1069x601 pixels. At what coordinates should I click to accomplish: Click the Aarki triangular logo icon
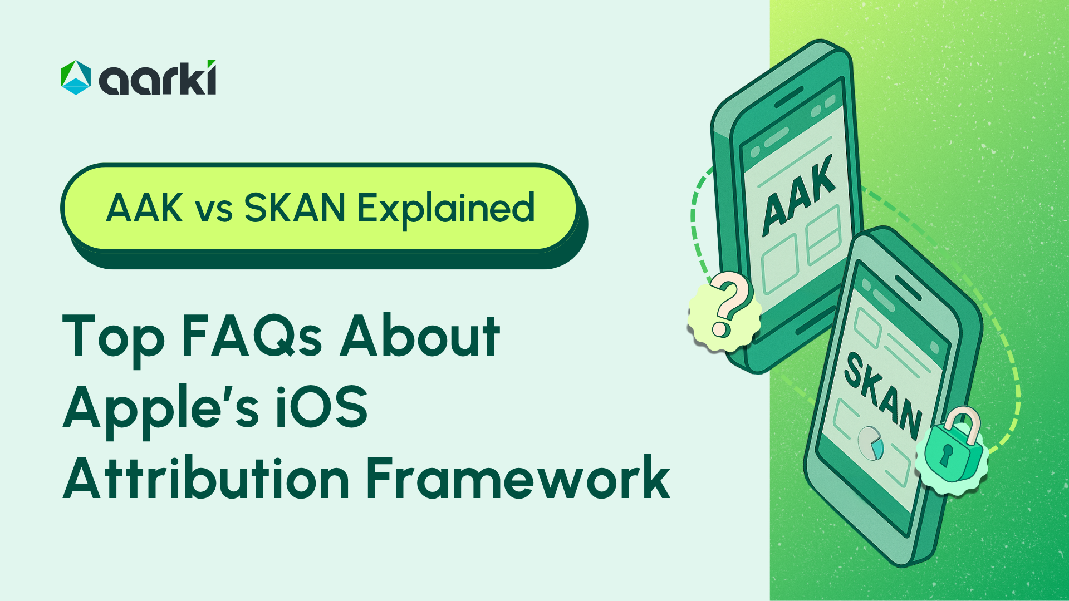[76, 77]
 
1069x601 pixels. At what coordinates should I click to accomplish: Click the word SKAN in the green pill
[295, 208]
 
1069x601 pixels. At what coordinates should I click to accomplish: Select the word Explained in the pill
[445, 209]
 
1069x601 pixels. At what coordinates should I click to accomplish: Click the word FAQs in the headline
[252, 336]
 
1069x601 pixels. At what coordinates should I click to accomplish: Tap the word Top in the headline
[114, 337]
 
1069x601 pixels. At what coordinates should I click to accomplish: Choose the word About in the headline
[420, 336]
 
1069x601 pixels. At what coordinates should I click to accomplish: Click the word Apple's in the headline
[161, 408]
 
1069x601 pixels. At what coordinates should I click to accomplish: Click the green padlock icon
[951, 449]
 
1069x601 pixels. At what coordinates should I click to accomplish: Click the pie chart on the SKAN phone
[870, 443]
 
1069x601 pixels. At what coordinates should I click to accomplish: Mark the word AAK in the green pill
[144, 208]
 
